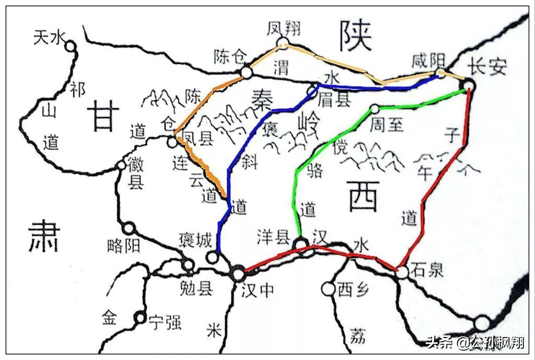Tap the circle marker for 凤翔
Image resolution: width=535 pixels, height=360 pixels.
pyautogui.click(x=283, y=43)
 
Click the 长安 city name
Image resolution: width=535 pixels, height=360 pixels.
pyautogui.click(x=486, y=66)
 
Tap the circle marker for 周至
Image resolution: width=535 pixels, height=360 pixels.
pyautogui.click(x=374, y=109)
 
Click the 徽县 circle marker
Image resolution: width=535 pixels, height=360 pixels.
pyautogui.click(x=121, y=165)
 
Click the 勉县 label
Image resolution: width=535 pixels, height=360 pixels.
pyautogui.click(x=196, y=288)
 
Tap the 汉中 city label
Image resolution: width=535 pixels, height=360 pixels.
pyautogui.click(x=257, y=289)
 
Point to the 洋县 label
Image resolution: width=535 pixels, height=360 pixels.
pyautogui.click(x=273, y=238)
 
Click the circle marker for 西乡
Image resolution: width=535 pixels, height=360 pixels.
pyautogui.click(x=328, y=288)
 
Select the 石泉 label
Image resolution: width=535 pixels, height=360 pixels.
pyautogui.click(x=427, y=270)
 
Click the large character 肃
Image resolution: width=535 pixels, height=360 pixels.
pyautogui.click(x=44, y=236)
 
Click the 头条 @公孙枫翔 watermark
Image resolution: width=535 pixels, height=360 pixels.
pyautogui.click(x=475, y=343)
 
